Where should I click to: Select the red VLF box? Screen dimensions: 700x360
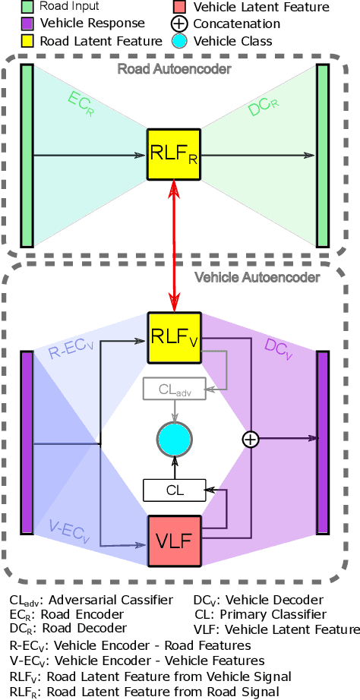pos(175,541)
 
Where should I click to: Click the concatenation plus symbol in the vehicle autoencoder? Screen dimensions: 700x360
pos(251,439)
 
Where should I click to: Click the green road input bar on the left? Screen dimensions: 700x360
pos(27,156)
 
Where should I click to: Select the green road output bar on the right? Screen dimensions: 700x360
pos(323,156)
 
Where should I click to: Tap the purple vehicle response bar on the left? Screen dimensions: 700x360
pos(27,442)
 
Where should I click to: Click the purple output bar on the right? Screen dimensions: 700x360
pos(323,442)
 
